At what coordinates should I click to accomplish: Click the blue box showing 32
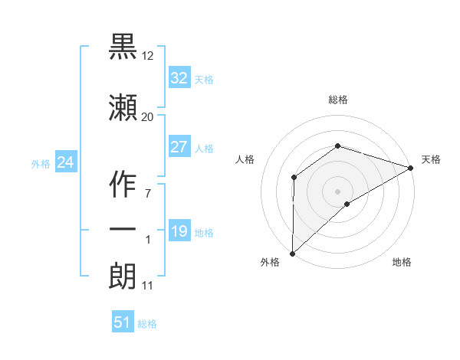(x=179, y=77)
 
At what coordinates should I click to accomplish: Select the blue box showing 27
(x=179, y=147)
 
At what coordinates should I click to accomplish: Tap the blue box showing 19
(x=179, y=232)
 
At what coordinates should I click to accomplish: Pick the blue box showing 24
(x=66, y=162)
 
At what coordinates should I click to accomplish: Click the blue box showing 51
(x=123, y=322)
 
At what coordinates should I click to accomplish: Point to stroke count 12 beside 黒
(x=148, y=57)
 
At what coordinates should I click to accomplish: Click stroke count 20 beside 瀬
(x=147, y=116)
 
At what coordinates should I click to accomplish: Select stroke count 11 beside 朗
(x=147, y=286)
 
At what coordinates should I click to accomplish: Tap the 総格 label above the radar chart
(x=338, y=100)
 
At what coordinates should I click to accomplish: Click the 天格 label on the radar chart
(x=431, y=159)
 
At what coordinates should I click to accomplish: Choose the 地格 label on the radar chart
(x=402, y=262)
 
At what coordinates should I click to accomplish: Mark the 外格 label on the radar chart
(x=270, y=262)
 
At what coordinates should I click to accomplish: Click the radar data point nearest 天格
(x=411, y=168)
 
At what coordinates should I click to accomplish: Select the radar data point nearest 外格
(x=292, y=253)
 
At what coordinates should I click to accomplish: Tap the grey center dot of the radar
(x=337, y=191)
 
